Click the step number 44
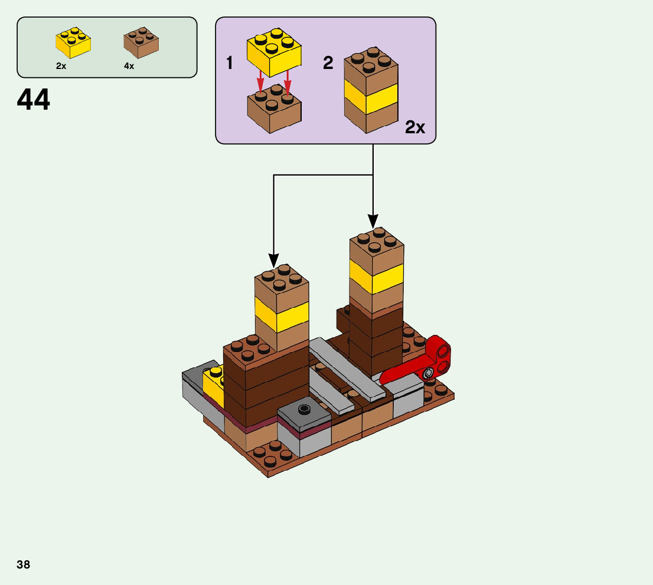tap(34, 100)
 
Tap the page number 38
tap(24, 564)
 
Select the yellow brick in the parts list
tap(73, 43)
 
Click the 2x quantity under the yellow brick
tap(61, 66)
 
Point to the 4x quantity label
tap(129, 66)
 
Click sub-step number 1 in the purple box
tap(230, 63)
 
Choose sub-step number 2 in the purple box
tap(328, 63)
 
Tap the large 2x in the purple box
tap(415, 127)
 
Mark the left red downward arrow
tap(260, 84)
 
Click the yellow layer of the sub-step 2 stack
tap(371, 98)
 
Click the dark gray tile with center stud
tap(305, 413)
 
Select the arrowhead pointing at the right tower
tap(373, 222)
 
